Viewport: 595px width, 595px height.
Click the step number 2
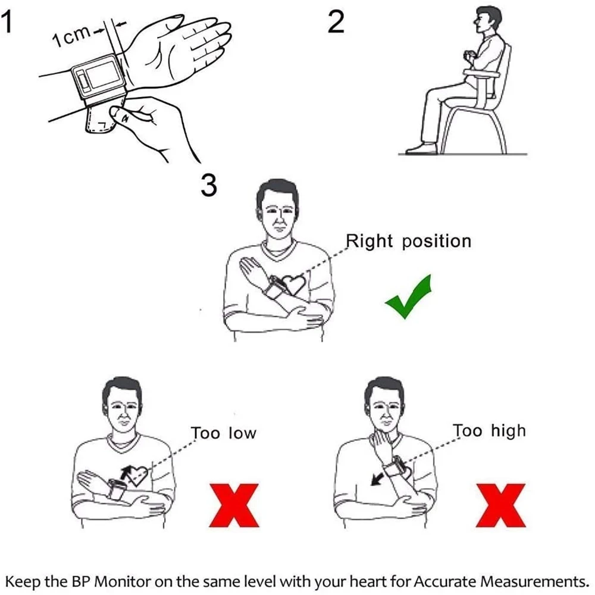pyautogui.click(x=336, y=24)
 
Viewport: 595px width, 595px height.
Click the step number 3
pyautogui.click(x=209, y=186)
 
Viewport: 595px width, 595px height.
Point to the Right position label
pyautogui.click(x=408, y=241)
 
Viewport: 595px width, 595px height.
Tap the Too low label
pyautogui.click(x=223, y=433)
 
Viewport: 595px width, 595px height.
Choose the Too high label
pyautogui.click(x=489, y=430)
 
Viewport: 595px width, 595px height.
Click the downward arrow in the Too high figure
pyautogui.click(x=376, y=478)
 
